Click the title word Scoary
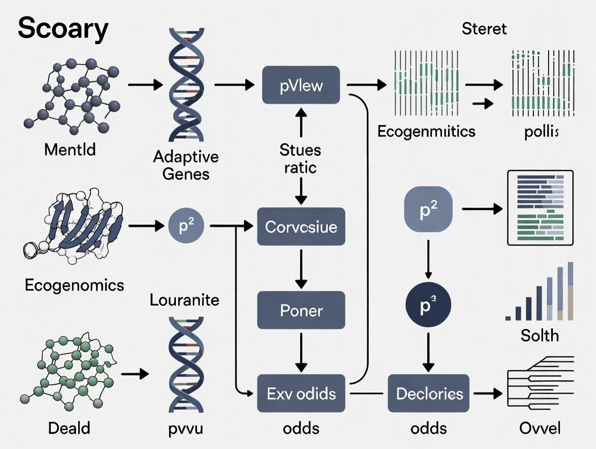(63, 30)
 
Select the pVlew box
(301, 85)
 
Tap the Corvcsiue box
(301, 227)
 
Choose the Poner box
(301, 310)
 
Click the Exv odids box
(301, 393)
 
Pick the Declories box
(429, 393)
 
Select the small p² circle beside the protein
(186, 227)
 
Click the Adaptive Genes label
(186, 165)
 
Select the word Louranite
(185, 300)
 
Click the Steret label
(484, 29)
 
